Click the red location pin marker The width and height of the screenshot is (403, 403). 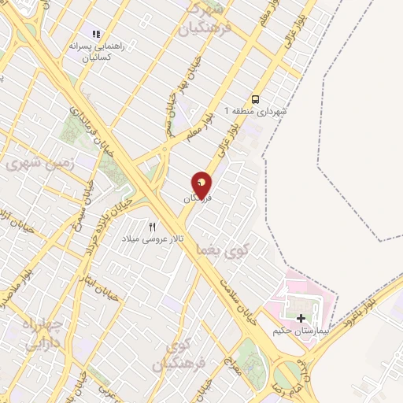point(201,185)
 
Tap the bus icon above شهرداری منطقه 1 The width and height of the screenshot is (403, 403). point(255,99)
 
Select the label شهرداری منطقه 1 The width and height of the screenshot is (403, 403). point(256,111)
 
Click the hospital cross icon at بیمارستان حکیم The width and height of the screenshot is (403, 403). point(301,318)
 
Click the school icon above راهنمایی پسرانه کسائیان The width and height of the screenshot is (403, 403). point(97,34)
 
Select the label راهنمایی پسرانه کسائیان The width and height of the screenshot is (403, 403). point(97,52)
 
